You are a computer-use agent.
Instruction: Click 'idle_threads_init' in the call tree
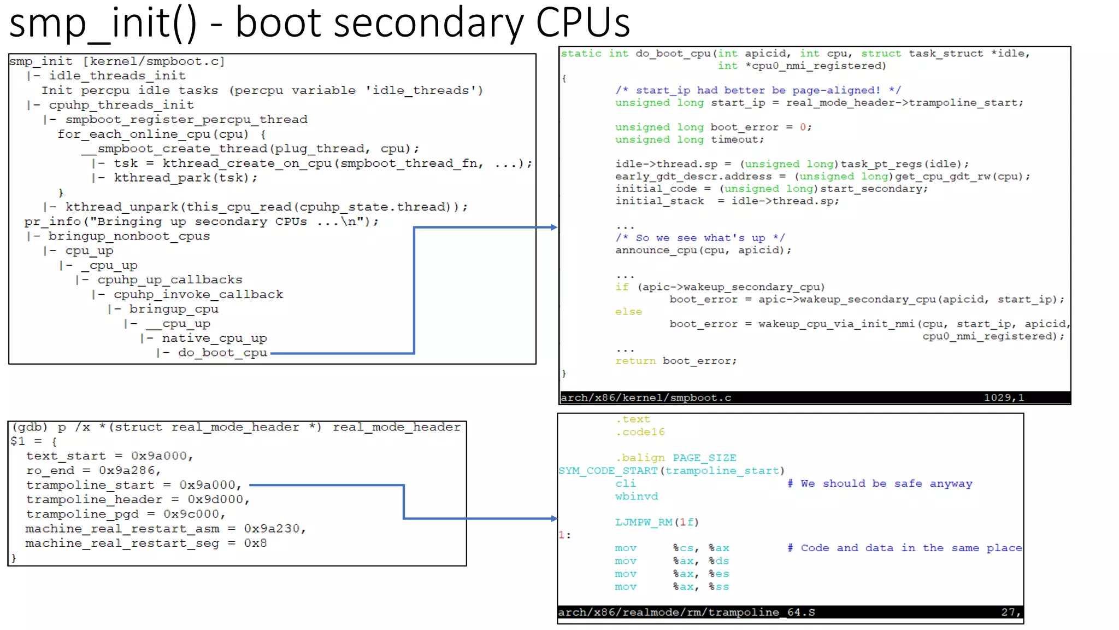pos(117,75)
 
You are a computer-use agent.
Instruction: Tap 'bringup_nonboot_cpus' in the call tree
pos(129,236)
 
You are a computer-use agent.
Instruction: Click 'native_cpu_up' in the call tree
pos(214,339)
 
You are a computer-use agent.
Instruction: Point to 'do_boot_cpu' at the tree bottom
pos(222,353)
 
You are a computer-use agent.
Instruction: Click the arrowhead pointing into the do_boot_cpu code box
pos(553,227)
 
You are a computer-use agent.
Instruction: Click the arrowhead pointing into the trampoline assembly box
pos(553,518)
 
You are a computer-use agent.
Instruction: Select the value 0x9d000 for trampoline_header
pos(218,499)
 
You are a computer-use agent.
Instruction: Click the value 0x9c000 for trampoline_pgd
pos(194,514)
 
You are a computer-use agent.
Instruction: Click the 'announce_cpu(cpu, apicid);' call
pos(703,250)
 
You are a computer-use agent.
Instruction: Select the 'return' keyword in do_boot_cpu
pos(635,361)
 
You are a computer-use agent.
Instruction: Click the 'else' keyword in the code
pos(628,312)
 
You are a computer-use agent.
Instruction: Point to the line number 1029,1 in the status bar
pos(1004,398)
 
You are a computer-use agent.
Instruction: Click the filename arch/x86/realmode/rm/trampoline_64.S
pos(686,612)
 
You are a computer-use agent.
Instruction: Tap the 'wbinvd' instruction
pos(637,497)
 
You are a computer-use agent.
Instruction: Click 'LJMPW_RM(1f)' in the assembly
pos(657,522)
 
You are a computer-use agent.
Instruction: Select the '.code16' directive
pos(640,432)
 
